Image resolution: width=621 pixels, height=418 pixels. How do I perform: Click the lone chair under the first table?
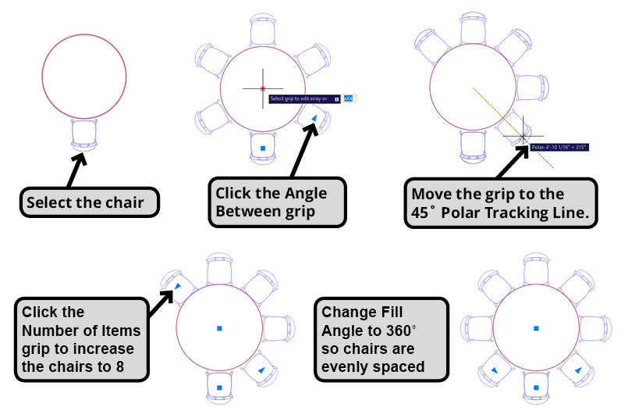click(x=83, y=133)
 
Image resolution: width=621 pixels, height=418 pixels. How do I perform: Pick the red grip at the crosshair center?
click(x=263, y=88)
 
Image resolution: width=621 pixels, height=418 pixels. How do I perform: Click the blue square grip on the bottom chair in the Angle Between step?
click(x=263, y=148)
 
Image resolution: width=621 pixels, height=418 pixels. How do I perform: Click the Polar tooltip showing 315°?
click(x=558, y=146)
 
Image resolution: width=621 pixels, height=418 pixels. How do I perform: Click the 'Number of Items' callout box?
click(x=81, y=339)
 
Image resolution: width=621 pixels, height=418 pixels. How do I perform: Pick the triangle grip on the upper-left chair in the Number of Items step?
click(x=177, y=287)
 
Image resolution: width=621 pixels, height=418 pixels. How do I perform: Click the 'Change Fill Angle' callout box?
click(x=381, y=339)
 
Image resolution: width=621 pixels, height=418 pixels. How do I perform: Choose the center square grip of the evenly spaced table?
click(x=535, y=328)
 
